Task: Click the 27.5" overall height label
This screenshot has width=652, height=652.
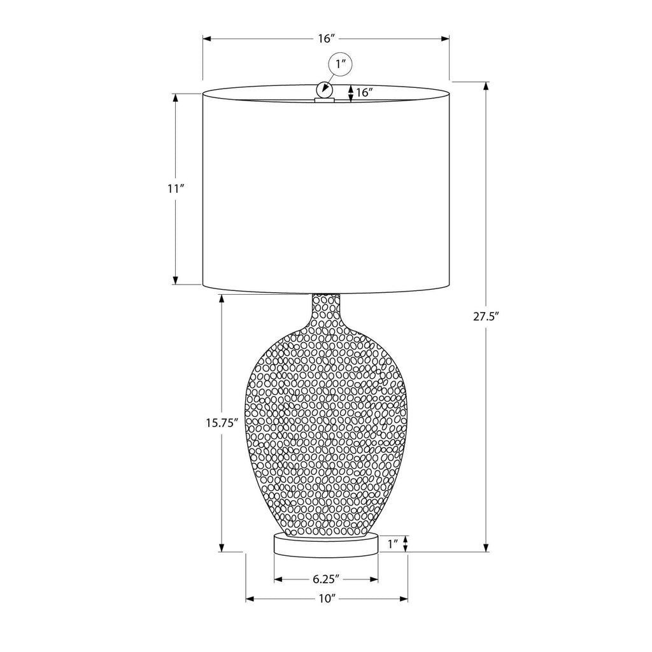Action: (x=486, y=316)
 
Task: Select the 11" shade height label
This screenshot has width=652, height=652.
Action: (x=176, y=188)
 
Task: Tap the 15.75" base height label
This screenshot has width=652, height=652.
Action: (x=222, y=423)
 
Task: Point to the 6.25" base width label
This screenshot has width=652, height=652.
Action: (x=327, y=579)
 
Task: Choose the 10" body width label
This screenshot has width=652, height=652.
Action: (x=327, y=599)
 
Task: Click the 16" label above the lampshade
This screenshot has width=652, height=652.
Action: (x=327, y=39)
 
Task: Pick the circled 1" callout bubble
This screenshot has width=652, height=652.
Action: (x=341, y=64)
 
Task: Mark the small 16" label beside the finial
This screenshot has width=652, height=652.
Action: (x=364, y=92)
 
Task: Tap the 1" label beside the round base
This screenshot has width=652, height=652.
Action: (x=393, y=544)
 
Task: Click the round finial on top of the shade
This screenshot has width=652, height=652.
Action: (x=324, y=89)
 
